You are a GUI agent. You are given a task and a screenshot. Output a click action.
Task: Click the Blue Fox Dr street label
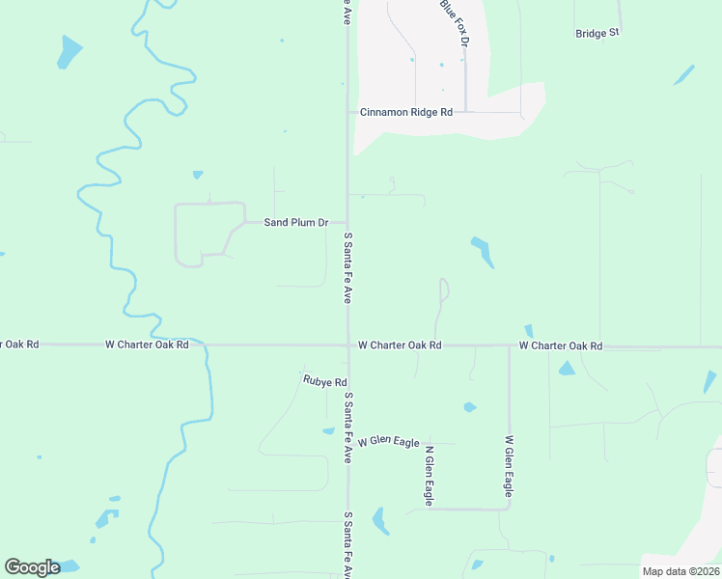(x=454, y=23)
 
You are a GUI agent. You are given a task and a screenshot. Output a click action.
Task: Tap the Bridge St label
(x=597, y=33)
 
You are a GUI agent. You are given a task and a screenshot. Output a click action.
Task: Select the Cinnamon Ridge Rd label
(x=406, y=112)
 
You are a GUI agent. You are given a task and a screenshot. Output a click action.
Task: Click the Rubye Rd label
(x=324, y=381)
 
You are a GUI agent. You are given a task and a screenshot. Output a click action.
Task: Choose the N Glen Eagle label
(x=429, y=475)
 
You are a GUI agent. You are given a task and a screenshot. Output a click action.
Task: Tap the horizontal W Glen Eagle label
(x=388, y=442)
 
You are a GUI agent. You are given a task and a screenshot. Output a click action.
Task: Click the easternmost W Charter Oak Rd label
(x=561, y=345)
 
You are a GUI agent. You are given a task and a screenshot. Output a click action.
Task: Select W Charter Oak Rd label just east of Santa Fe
(x=400, y=345)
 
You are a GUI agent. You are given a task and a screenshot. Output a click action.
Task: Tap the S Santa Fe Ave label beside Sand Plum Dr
(x=347, y=266)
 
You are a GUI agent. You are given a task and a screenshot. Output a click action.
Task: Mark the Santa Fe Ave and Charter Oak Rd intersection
(x=348, y=345)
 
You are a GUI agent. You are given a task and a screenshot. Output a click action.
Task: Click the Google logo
(x=32, y=567)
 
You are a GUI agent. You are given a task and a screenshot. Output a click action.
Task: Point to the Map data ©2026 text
(x=680, y=571)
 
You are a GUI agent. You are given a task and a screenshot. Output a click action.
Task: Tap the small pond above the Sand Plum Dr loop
(x=198, y=175)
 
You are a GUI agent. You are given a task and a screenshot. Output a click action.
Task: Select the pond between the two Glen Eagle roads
(x=469, y=407)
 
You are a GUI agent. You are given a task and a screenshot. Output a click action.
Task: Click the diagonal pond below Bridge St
(x=683, y=75)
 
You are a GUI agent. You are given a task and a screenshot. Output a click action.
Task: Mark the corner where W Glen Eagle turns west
(x=509, y=508)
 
